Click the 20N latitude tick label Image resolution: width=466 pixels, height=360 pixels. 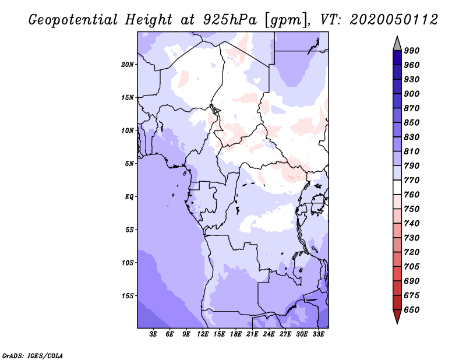click(x=128, y=64)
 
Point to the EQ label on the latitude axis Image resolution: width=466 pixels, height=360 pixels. click(x=129, y=196)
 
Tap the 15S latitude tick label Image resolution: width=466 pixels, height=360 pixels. click(x=128, y=295)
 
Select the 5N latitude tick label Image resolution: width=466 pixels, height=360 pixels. click(x=129, y=164)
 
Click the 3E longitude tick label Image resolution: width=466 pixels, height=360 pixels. click(x=154, y=335)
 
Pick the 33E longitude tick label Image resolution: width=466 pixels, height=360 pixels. click(x=319, y=335)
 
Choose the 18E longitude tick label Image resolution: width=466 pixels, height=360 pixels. click(x=236, y=335)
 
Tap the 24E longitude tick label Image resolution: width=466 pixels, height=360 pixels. click(x=269, y=335)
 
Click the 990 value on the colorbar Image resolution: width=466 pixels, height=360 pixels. click(x=412, y=51)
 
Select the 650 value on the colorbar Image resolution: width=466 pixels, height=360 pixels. click(x=412, y=310)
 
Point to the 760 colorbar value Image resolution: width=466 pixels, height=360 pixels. click(x=412, y=195)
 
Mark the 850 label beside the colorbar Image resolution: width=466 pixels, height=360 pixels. click(x=412, y=123)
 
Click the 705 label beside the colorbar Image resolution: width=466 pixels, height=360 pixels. click(x=412, y=267)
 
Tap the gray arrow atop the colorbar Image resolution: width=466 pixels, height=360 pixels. click(x=397, y=43)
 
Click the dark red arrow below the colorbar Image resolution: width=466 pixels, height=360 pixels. click(x=397, y=317)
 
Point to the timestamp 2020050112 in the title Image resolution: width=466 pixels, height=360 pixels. click(x=394, y=20)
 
